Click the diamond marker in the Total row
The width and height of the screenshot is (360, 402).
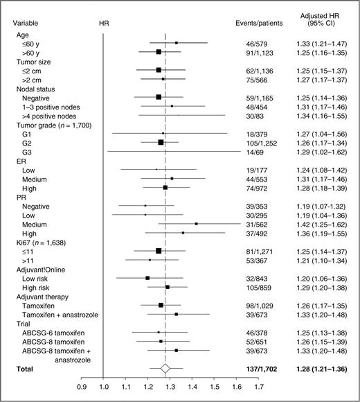point(165,369)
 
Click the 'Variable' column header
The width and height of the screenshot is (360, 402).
point(26,23)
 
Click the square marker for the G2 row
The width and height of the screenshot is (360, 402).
point(161,142)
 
